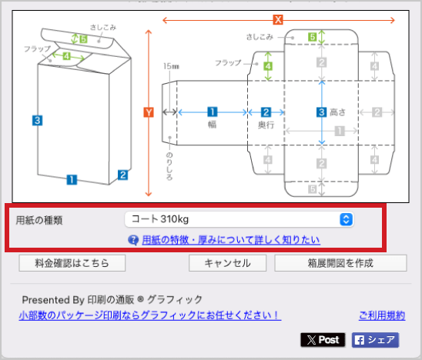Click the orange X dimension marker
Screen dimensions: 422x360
click(278, 20)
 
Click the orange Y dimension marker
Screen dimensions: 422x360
click(149, 112)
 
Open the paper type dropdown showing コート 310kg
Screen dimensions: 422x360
click(239, 219)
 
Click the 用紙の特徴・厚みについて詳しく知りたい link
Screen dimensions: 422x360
click(231, 240)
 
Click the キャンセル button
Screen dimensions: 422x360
click(227, 263)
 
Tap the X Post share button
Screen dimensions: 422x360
click(323, 340)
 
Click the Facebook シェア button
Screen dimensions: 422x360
click(375, 340)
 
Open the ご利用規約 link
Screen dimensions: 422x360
click(382, 315)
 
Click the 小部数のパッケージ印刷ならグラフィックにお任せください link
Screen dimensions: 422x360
click(150, 315)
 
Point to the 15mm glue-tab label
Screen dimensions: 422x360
click(171, 66)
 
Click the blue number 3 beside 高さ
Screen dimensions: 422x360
click(321, 112)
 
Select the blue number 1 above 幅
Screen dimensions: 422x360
click(213, 112)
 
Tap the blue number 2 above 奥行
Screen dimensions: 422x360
click(266, 112)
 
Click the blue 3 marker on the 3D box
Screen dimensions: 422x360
click(38, 121)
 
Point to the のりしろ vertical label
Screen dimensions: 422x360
click(169, 166)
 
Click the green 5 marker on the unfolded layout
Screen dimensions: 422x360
click(312, 37)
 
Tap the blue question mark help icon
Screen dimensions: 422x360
click(133, 240)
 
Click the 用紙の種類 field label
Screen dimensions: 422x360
click(39, 220)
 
